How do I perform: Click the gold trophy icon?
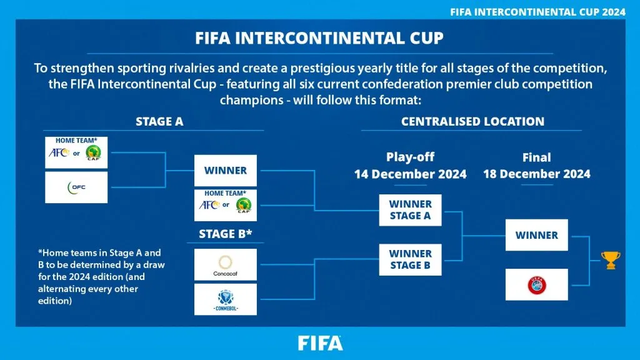pyautogui.click(x=610, y=260)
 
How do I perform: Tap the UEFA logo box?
pyautogui.click(x=536, y=284)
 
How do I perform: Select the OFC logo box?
pyautogui.click(x=76, y=187)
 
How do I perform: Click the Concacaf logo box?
pyautogui.click(x=225, y=264)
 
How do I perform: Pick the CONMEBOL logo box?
pyautogui.click(x=225, y=299)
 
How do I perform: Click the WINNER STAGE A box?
pyautogui.click(x=410, y=210)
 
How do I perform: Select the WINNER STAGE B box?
pyautogui.click(x=410, y=259)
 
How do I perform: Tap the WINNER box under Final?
pyautogui.click(x=536, y=235)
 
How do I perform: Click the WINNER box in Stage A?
pyautogui.click(x=225, y=170)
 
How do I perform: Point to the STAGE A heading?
pyautogui.click(x=159, y=122)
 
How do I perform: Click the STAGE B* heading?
pyautogui.click(x=225, y=234)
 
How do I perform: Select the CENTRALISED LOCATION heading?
pyautogui.click(x=472, y=122)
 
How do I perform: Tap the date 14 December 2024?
pyautogui.click(x=410, y=174)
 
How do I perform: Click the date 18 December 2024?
pyautogui.click(x=536, y=174)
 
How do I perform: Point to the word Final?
pyautogui.click(x=536, y=157)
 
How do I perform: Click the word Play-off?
pyautogui.click(x=410, y=157)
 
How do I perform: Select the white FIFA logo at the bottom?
pyautogui.click(x=320, y=343)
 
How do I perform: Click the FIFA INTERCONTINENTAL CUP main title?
pyautogui.click(x=319, y=38)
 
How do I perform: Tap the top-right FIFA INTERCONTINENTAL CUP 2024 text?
pyautogui.click(x=538, y=12)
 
